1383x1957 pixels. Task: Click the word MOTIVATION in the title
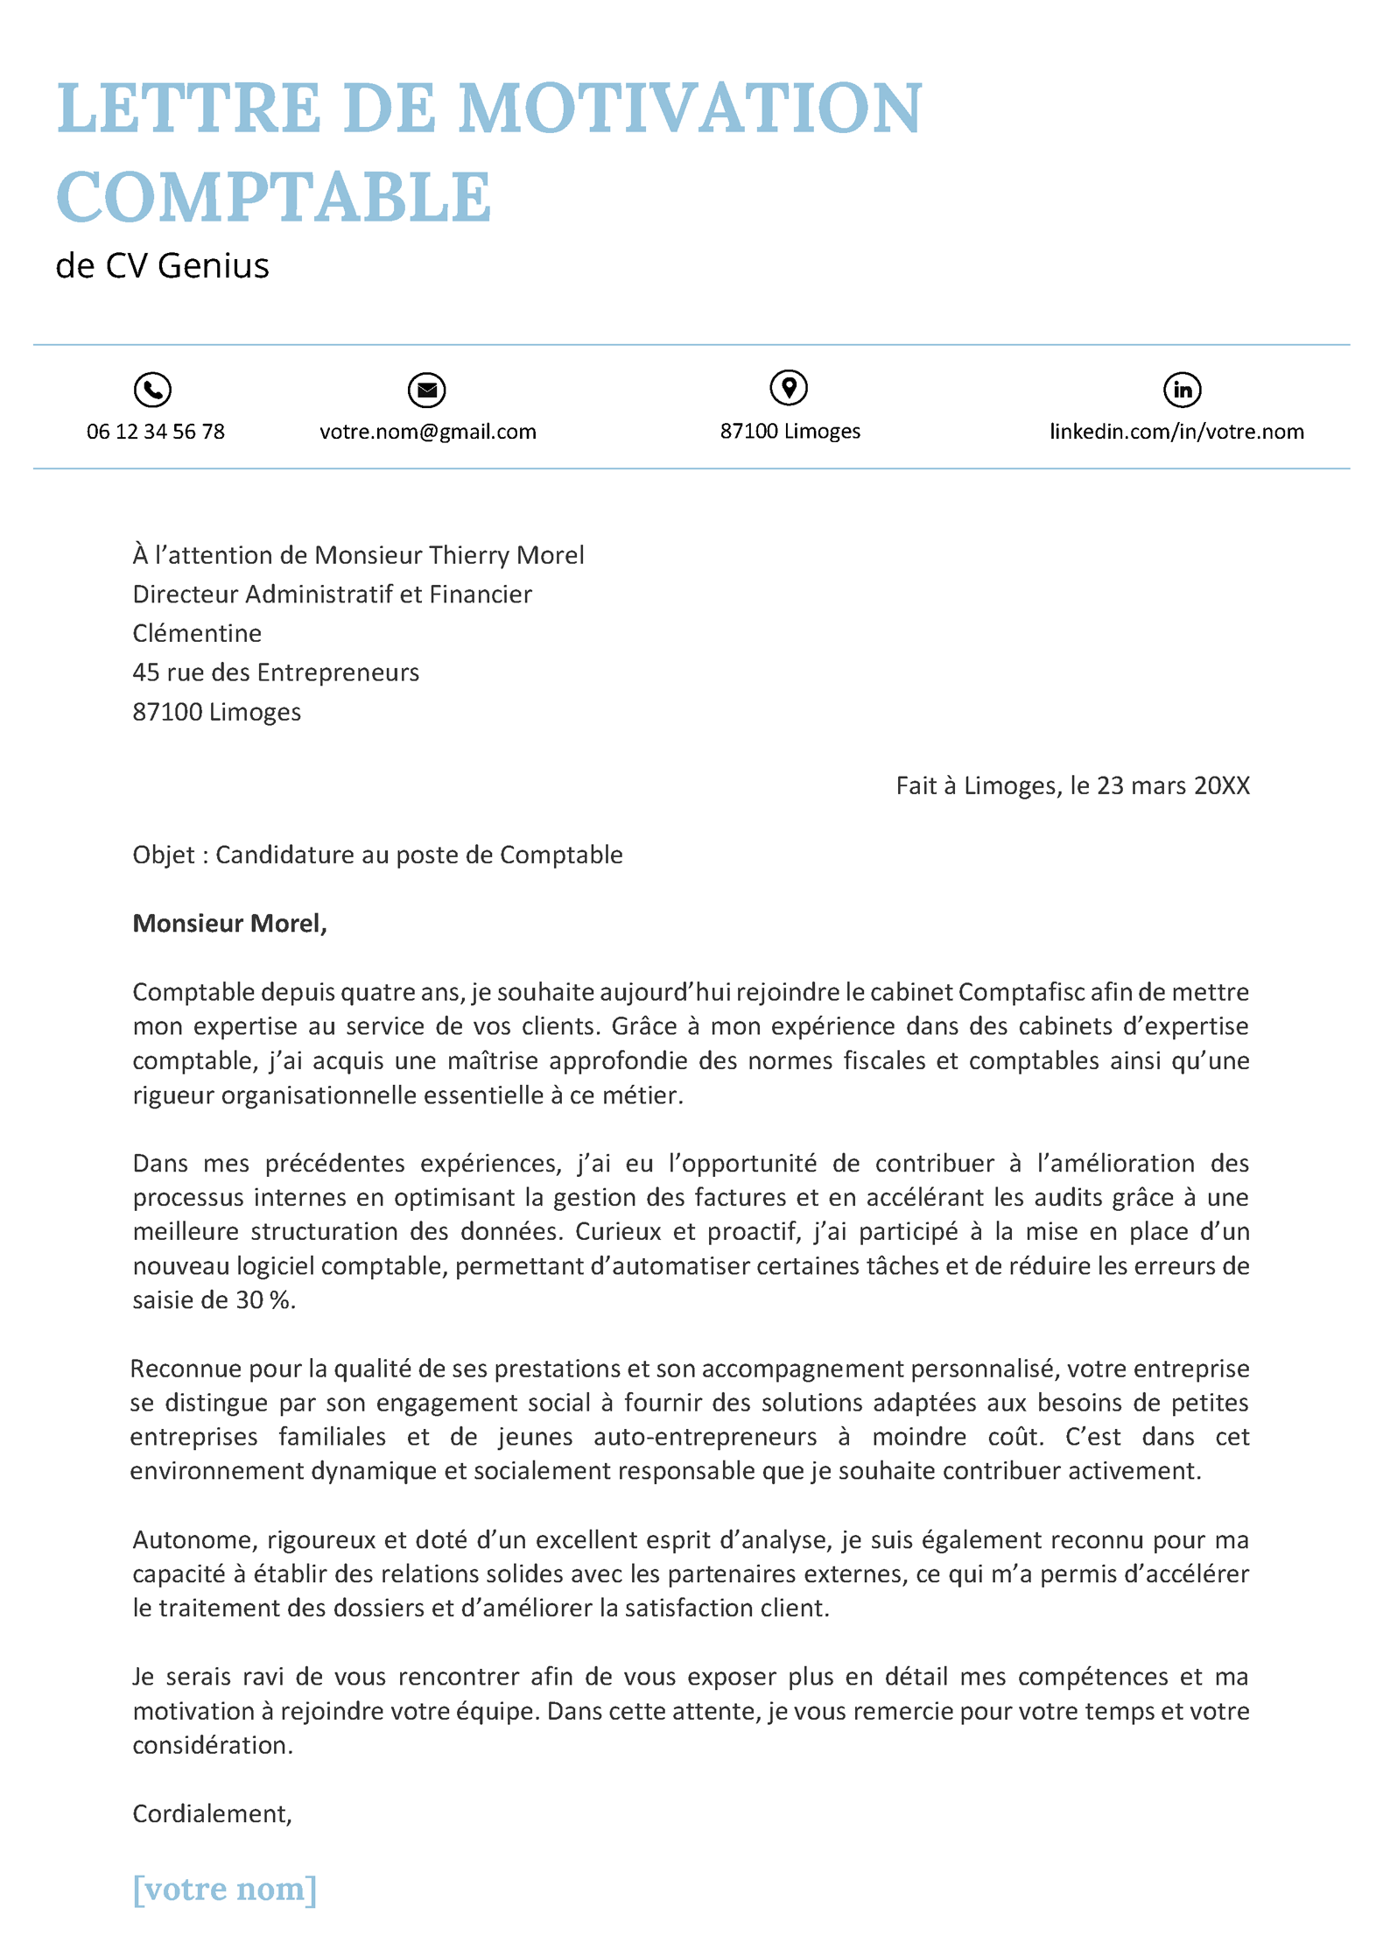click(690, 109)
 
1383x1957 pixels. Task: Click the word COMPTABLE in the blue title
click(273, 198)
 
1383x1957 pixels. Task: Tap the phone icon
click(152, 390)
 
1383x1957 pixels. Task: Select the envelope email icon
click(427, 390)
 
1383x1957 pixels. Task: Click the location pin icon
click(789, 388)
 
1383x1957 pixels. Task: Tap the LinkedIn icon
click(1182, 390)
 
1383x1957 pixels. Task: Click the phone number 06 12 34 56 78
click(156, 432)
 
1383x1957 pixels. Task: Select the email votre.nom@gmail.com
click(428, 432)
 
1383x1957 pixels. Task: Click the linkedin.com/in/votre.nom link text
click(1176, 432)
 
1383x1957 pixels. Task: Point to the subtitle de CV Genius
click(163, 266)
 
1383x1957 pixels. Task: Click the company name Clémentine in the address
click(197, 633)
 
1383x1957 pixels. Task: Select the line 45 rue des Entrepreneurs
click(276, 672)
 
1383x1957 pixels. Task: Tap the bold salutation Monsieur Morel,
click(229, 924)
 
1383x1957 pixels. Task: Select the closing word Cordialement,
click(212, 1813)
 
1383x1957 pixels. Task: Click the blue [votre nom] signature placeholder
click(224, 1889)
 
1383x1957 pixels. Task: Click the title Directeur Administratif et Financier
click(332, 595)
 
